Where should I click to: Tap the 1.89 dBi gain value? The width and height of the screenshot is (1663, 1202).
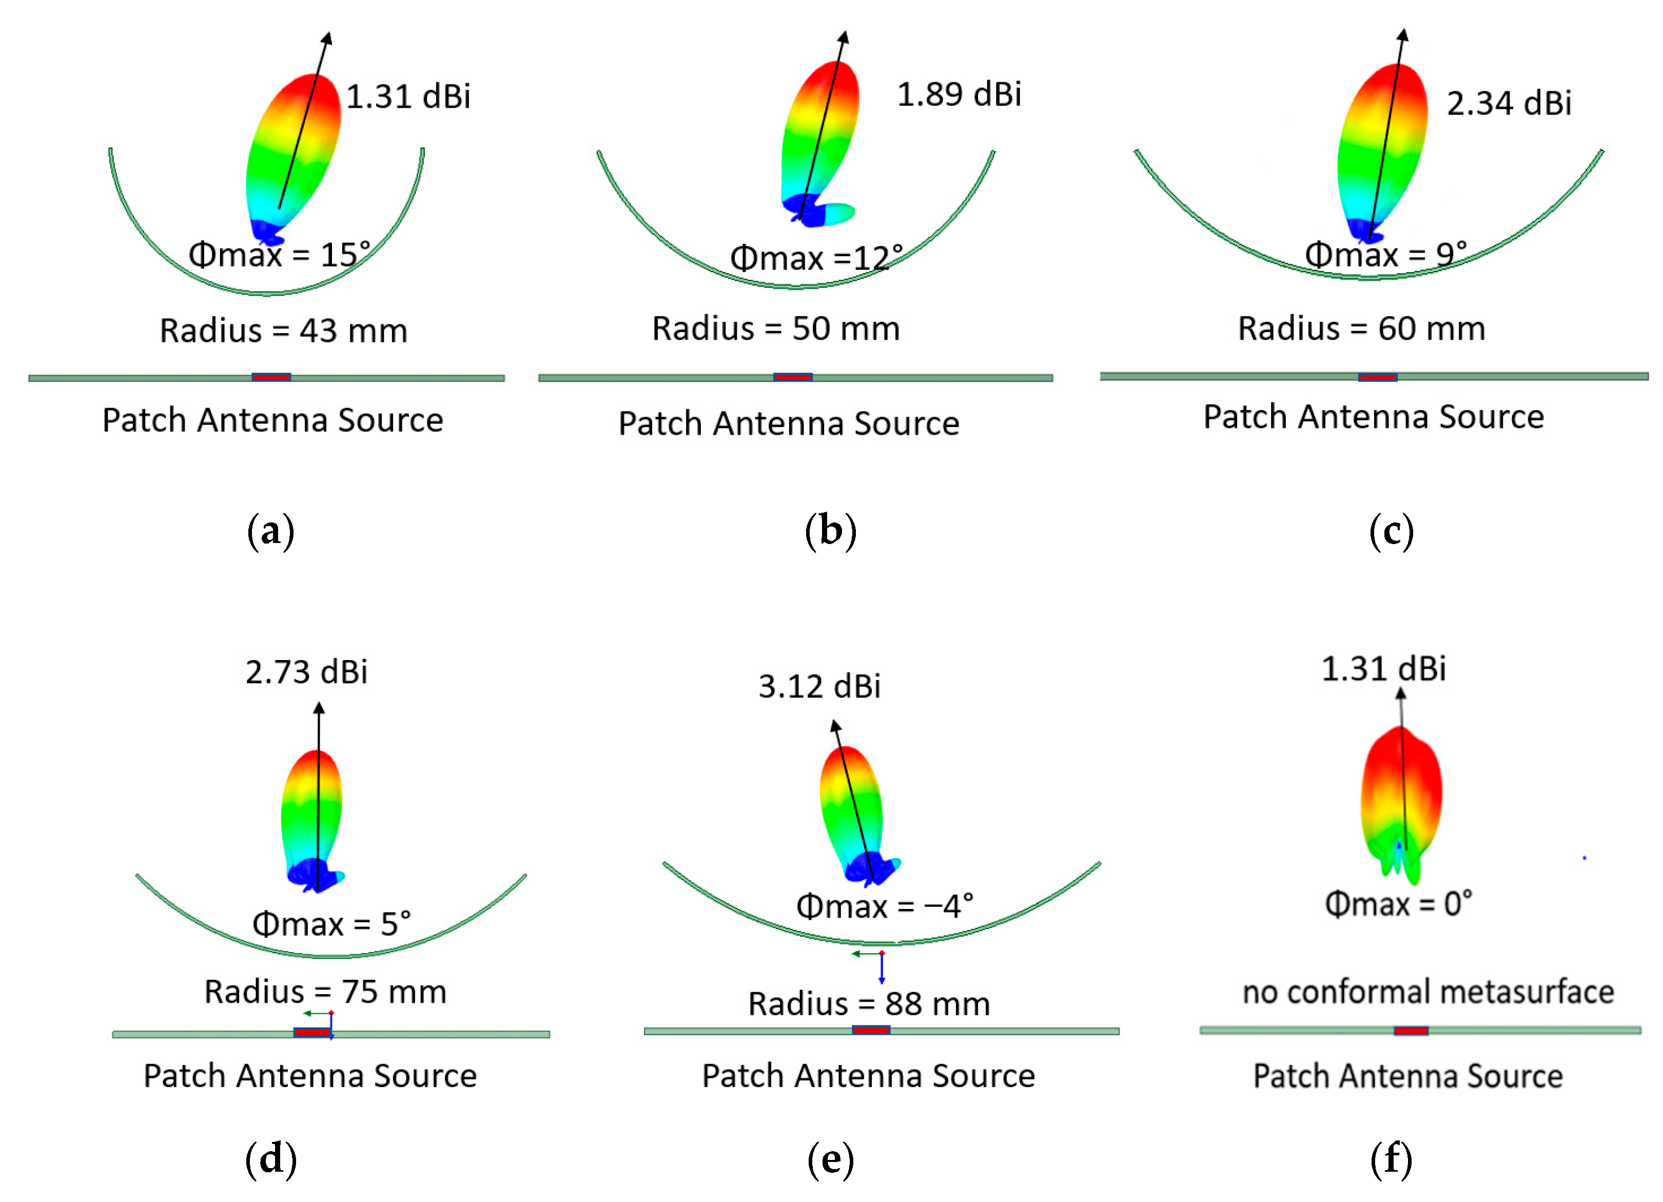point(958,94)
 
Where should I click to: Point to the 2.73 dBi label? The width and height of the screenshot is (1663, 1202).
point(306,672)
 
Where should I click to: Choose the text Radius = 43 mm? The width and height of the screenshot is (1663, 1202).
point(284,331)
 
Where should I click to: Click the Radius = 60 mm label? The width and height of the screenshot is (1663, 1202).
point(1362,328)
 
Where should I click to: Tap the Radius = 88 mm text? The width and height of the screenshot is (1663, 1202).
point(869,1004)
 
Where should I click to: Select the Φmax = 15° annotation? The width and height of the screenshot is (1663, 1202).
point(279,255)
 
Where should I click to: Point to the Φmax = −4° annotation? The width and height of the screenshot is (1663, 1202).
point(885,906)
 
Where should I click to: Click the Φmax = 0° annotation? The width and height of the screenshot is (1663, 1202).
point(1398,903)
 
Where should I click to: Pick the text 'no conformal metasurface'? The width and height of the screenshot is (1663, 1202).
point(1427,992)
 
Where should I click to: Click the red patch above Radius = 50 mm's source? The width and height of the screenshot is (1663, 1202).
point(793,377)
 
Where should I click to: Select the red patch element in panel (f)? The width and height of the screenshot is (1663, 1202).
point(1411,1031)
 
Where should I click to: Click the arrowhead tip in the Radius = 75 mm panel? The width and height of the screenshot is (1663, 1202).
point(319,706)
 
